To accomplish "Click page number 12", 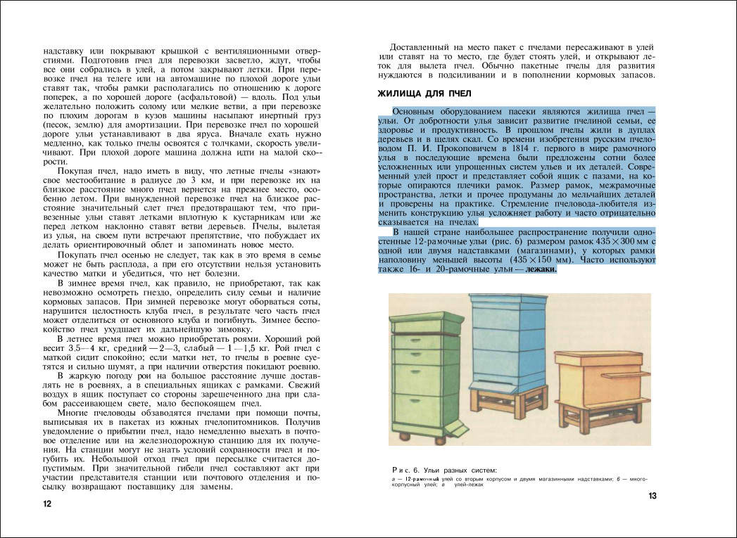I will (46, 504).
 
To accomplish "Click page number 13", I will (652, 497).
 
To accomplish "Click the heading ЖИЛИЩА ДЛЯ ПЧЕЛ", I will (424, 94).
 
